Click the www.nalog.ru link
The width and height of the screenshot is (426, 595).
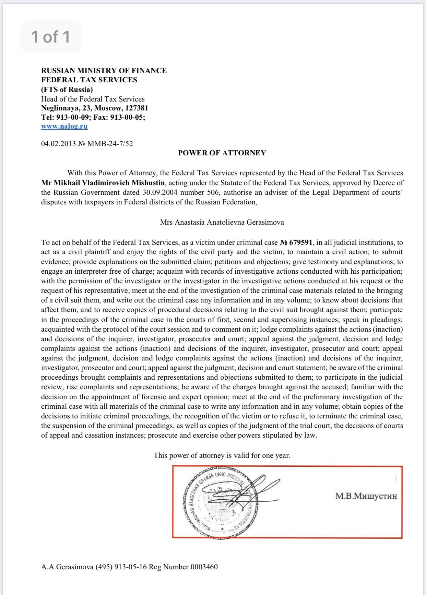(x=64, y=126)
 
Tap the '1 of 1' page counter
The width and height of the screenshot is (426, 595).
(x=51, y=37)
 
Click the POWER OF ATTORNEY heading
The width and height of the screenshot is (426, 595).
(x=222, y=153)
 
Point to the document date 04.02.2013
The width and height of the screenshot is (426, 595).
(x=58, y=143)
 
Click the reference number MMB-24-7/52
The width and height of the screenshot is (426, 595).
(x=110, y=143)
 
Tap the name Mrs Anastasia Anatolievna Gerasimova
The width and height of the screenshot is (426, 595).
(x=222, y=222)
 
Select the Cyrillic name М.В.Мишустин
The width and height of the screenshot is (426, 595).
(x=366, y=496)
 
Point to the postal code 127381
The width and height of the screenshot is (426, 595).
(x=137, y=108)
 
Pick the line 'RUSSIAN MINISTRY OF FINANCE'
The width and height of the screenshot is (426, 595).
(x=104, y=71)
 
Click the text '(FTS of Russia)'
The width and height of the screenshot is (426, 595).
(x=67, y=90)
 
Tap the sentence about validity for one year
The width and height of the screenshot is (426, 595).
(x=222, y=455)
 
